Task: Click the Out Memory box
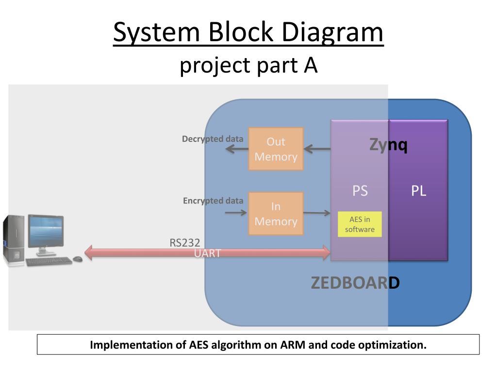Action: click(x=276, y=149)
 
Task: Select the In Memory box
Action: click(x=276, y=214)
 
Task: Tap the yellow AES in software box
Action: click(x=360, y=224)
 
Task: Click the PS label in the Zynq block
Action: click(x=360, y=191)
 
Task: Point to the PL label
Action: click(x=418, y=191)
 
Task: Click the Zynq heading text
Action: click(x=388, y=144)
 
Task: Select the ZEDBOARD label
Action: click(x=355, y=282)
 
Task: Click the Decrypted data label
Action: click(x=213, y=139)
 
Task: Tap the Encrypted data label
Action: click(x=213, y=201)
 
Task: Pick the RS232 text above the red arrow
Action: click(x=184, y=242)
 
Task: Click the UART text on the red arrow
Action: click(x=208, y=253)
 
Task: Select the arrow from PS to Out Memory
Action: click(x=317, y=149)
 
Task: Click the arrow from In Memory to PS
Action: click(x=316, y=213)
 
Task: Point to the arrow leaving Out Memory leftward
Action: click(x=236, y=149)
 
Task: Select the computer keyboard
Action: click(x=49, y=262)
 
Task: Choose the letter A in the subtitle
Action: click(x=311, y=66)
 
